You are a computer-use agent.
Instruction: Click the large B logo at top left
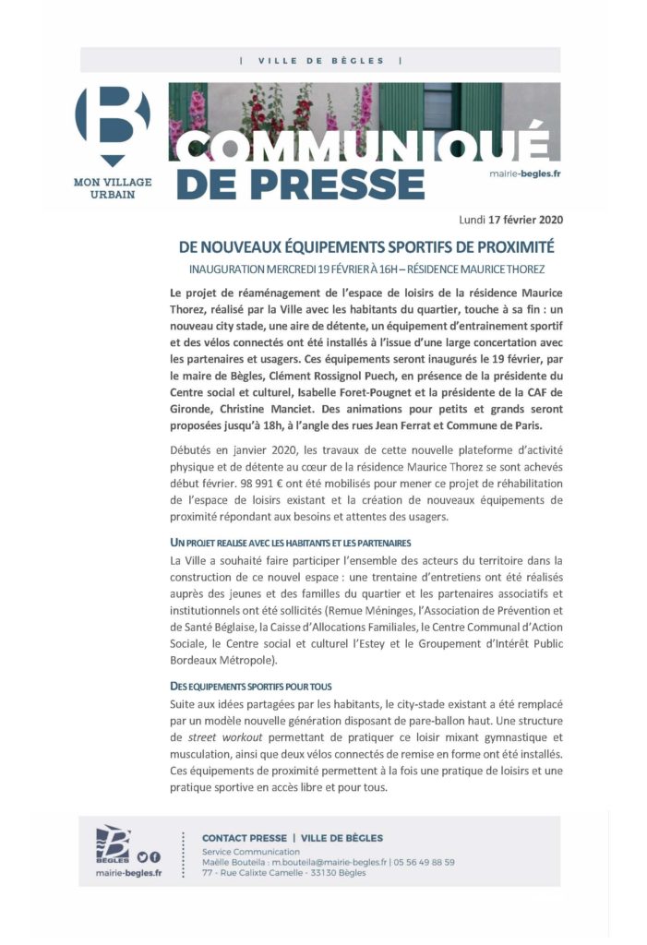click(112, 122)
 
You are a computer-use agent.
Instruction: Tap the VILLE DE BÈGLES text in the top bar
click(321, 60)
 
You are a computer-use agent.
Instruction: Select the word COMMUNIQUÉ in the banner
click(360, 145)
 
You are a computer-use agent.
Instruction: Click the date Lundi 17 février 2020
click(510, 221)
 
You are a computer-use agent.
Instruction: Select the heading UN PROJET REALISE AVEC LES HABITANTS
click(291, 542)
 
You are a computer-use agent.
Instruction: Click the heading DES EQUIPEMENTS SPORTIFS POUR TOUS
click(251, 687)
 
